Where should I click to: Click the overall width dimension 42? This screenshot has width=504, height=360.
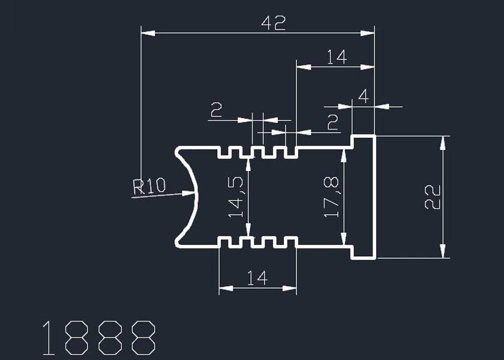(274, 23)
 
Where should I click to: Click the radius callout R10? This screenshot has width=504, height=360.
(149, 186)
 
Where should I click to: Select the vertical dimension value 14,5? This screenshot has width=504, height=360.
(236, 197)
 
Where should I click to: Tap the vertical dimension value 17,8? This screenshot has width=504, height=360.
(331, 197)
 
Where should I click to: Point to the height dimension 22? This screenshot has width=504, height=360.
(433, 197)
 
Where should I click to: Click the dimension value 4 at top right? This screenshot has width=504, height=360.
(362, 96)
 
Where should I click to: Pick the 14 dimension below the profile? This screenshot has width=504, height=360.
(257, 278)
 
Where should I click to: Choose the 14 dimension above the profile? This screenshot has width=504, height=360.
(337, 57)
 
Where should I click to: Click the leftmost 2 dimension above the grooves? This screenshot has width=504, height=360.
(216, 110)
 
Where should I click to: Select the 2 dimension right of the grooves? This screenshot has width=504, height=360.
(332, 122)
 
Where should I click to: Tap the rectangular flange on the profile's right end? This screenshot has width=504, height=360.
(363, 197)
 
